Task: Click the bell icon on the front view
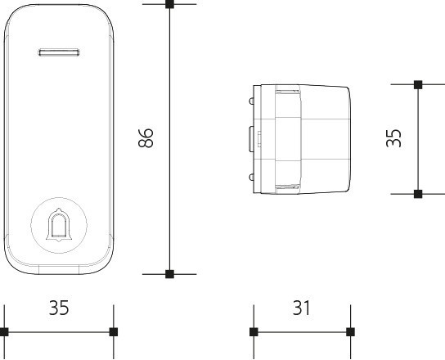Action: (x=59, y=225)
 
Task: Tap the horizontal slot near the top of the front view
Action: (x=59, y=52)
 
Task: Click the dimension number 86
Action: (x=146, y=138)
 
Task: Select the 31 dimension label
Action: (x=301, y=308)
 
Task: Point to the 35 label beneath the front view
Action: (x=59, y=308)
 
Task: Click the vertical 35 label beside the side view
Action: (x=394, y=138)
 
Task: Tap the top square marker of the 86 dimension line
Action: (x=169, y=4)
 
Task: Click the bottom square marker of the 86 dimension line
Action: (x=169, y=274)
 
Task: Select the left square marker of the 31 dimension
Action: (x=254, y=331)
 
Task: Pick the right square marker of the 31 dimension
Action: (x=350, y=331)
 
